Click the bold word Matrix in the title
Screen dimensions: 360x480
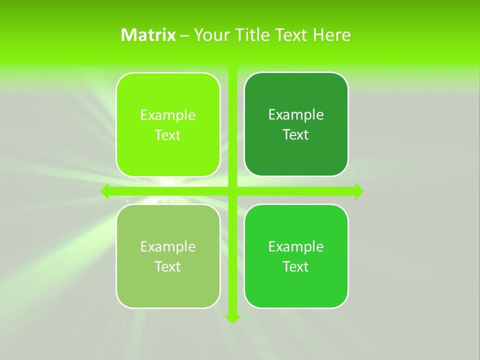pos(148,35)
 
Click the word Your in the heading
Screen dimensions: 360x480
pos(209,35)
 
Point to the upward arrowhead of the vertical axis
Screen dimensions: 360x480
pos(232,64)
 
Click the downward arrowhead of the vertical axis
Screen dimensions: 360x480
pos(232,319)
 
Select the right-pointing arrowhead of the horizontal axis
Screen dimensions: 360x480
pos(359,191)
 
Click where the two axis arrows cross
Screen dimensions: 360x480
pos(232,191)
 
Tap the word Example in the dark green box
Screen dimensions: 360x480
pos(296,115)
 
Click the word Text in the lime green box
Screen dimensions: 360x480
pos(168,135)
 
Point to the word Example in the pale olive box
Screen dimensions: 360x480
pos(168,246)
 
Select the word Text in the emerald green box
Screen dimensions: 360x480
pos(296,266)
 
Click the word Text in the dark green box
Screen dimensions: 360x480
pos(296,135)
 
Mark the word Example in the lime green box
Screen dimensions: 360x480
pos(168,115)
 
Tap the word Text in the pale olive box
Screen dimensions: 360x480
pos(168,266)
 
